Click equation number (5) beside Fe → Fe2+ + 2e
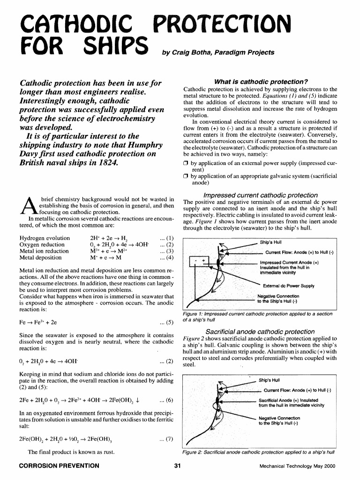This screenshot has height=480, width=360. tap(167, 322)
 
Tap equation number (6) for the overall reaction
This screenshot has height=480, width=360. tap(167, 400)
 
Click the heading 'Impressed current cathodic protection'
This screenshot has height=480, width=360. tap(260, 195)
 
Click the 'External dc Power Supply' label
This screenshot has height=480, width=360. tap(289, 286)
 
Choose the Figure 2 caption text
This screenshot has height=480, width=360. tap(257, 453)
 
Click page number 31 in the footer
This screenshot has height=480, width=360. tap(177, 466)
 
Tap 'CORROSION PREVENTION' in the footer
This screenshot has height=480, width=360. tap(58, 466)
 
